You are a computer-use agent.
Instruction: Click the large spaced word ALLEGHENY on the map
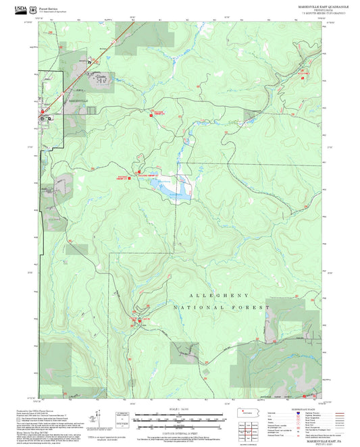pyautogui.click(x=219, y=296)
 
